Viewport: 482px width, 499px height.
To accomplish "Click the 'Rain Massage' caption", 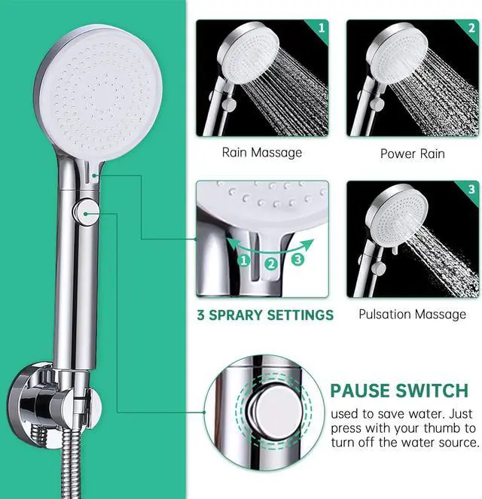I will pyautogui.click(x=261, y=153).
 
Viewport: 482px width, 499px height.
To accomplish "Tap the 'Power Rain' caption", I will pyautogui.click(x=412, y=154).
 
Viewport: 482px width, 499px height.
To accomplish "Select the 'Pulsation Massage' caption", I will pyautogui.click(x=412, y=314).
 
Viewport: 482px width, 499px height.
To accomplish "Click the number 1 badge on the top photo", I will pyautogui.click(x=321, y=29).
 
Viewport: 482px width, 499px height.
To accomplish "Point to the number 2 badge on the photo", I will pyautogui.click(x=471, y=29).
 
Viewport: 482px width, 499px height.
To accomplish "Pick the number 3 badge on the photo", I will pyautogui.click(x=471, y=190).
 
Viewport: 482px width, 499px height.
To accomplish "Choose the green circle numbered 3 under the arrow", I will pyautogui.click(x=297, y=260).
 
